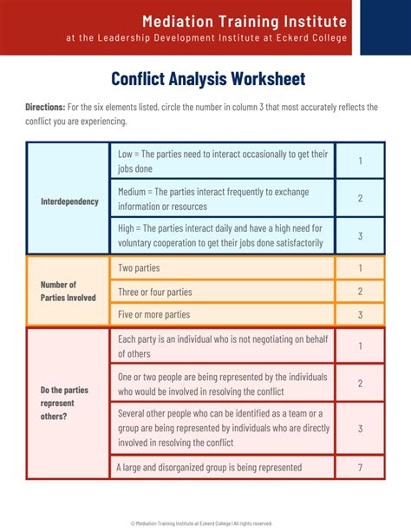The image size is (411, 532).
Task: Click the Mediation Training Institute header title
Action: pos(207,21)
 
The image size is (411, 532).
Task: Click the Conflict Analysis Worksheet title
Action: pos(208,79)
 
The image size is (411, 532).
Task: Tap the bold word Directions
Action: pos(45,107)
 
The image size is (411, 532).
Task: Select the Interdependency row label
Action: pos(69,201)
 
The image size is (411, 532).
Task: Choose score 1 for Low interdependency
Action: pos(360,161)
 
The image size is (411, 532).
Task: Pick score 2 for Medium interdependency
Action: pos(360,199)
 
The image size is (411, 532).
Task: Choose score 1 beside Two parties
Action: pos(360,268)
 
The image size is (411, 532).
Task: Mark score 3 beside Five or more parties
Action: pos(360,314)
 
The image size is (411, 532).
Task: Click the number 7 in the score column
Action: pos(360,468)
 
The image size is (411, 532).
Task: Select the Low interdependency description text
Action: pos(222,161)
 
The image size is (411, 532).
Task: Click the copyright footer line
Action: pos(201,523)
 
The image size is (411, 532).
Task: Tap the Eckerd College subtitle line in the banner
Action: pos(207,38)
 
